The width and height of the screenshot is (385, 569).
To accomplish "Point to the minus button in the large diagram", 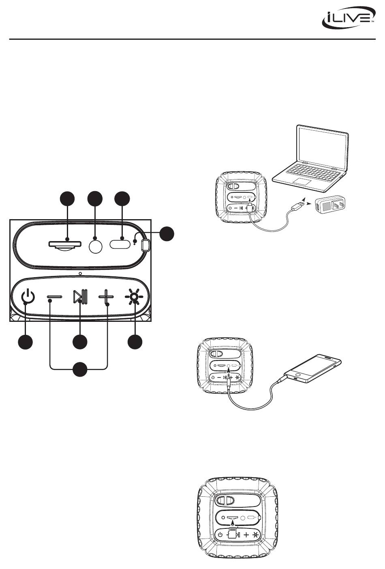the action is [x=54, y=297].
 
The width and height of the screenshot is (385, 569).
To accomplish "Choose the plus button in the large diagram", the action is [x=106, y=297].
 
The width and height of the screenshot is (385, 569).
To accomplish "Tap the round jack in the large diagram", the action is [x=95, y=246].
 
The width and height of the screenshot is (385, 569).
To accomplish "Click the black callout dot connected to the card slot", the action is [x=67, y=198].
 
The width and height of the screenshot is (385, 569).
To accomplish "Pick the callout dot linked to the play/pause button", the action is [x=80, y=342].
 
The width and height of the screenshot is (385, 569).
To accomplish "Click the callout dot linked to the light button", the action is [x=135, y=342].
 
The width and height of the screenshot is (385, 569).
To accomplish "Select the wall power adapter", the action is [x=331, y=206].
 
